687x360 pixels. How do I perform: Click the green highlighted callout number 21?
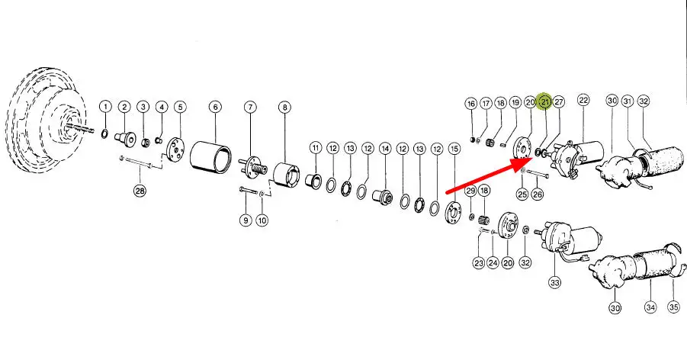click(x=544, y=101)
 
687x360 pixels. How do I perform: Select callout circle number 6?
click(x=215, y=107)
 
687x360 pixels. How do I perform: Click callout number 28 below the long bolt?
click(x=140, y=191)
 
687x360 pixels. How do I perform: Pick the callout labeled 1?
click(x=105, y=107)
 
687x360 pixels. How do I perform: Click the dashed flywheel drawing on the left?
click(x=47, y=118)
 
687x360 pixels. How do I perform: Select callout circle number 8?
click(x=285, y=107)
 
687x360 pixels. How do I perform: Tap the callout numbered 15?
click(x=454, y=149)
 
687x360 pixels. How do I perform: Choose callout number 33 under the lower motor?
click(x=554, y=283)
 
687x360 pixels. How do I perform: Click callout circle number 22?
click(x=583, y=100)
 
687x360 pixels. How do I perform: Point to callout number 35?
click(x=674, y=307)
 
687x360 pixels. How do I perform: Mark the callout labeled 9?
click(x=246, y=220)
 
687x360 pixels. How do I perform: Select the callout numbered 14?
click(x=385, y=149)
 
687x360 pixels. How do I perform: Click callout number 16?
click(x=471, y=104)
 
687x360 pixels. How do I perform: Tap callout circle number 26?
click(x=537, y=194)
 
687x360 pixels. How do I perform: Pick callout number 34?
click(x=650, y=307)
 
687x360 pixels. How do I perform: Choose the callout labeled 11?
click(x=316, y=148)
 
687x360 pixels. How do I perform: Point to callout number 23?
click(x=478, y=263)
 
